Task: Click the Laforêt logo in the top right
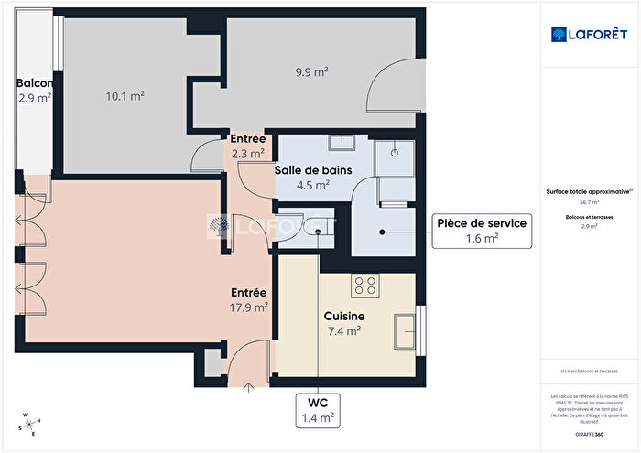(x=589, y=34)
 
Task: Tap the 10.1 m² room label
(x=125, y=94)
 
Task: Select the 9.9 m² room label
(x=311, y=70)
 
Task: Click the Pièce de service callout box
(x=480, y=230)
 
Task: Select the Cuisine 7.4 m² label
(x=343, y=322)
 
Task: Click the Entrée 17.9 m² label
(x=248, y=299)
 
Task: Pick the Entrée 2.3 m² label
(x=247, y=146)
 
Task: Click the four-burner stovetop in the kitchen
(x=366, y=286)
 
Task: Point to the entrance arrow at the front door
(x=250, y=385)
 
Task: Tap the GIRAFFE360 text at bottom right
(x=589, y=431)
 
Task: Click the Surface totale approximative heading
(x=589, y=192)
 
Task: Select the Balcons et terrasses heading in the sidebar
(x=589, y=217)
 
